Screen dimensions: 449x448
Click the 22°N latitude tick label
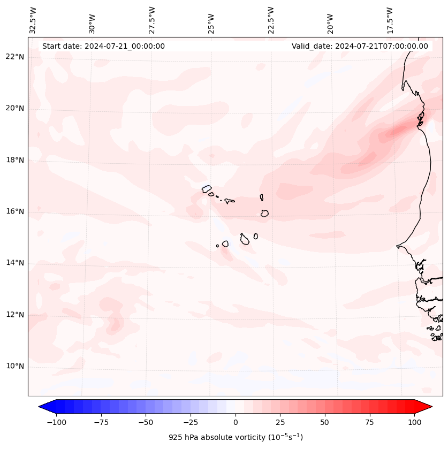[x=15, y=57]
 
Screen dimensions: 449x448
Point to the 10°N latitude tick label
[x=15, y=367]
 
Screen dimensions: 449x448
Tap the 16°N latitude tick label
[x=15, y=212]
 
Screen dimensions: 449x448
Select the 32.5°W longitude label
[x=33, y=20]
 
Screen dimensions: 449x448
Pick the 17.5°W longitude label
[x=390, y=20]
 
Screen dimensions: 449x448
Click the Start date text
[x=103, y=46]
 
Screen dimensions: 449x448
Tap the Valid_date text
[x=360, y=46]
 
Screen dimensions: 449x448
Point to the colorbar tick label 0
[x=236, y=422]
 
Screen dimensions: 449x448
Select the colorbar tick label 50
[x=325, y=422]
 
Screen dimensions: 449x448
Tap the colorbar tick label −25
[x=191, y=422]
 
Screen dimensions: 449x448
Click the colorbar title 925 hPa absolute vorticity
[x=236, y=437]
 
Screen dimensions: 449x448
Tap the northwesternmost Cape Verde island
[x=207, y=188]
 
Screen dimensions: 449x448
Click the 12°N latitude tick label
[x=15, y=315]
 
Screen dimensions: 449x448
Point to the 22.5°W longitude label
[x=271, y=20]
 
